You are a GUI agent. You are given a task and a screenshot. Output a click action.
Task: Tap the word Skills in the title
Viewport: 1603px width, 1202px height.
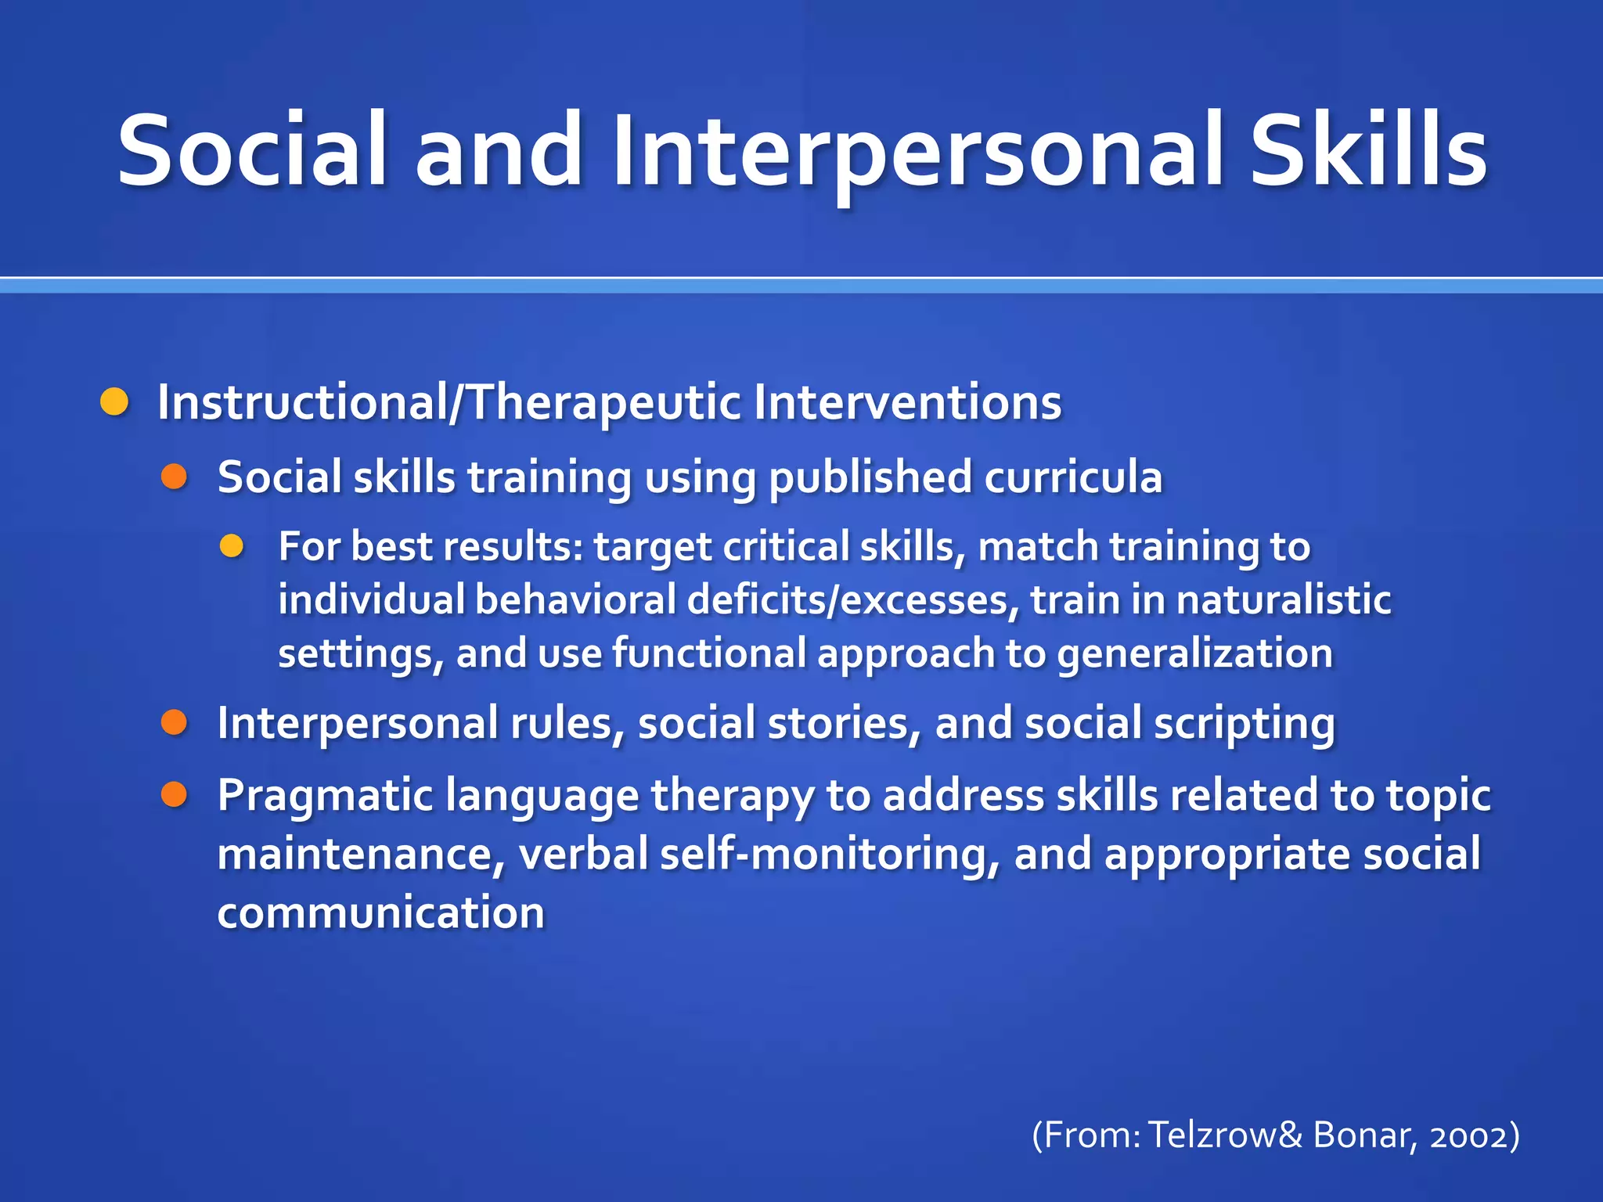pyautogui.click(x=1368, y=150)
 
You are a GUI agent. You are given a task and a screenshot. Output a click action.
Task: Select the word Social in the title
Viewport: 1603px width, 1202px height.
pyautogui.click(x=252, y=150)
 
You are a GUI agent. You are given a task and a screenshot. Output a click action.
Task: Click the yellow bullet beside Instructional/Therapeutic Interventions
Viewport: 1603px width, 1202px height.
pyautogui.click(x=115, y=402)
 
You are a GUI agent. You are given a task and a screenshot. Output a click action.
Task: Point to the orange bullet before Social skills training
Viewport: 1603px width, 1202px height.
pyautogui.click(x=174, y=477)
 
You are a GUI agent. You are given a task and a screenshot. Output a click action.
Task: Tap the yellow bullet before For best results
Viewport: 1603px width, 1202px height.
pyautogui.click(x=232, y=546)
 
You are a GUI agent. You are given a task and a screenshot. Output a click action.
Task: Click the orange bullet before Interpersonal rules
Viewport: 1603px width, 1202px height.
pyautogui.click(x=174, y=722)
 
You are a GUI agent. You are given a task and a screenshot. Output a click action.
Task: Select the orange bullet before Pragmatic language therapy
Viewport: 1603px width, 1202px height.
pyautogui.click(x=174, y=795)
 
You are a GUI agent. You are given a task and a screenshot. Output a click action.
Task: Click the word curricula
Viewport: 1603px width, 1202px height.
pyautogui.click(x=1073, y=477)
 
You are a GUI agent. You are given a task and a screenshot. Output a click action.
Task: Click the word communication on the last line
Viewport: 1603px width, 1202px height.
pyautogui.click(x=380, y=912)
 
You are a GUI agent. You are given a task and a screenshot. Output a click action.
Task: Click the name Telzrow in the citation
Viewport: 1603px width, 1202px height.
pyautogui.click(x=1212, y=1135)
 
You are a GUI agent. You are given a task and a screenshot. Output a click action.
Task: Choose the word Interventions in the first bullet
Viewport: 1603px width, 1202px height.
pyautogui.click(x=907, y=402)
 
